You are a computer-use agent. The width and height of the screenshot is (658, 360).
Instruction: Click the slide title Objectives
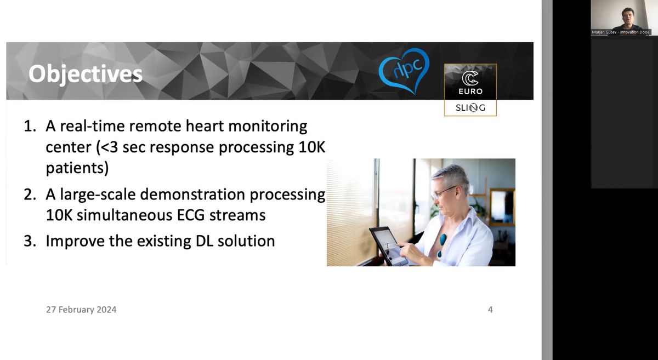(86, 74)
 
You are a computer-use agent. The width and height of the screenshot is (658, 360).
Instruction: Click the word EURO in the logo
(470, 92)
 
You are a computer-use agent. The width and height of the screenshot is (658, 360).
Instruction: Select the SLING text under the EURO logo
(470, 108)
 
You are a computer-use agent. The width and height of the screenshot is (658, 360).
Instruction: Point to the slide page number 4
(490, 310)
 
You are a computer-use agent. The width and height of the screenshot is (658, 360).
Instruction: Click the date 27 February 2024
(81, 310)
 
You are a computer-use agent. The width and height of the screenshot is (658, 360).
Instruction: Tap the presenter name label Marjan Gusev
(604, 32)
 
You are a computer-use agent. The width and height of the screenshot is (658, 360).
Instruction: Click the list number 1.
(30, 126)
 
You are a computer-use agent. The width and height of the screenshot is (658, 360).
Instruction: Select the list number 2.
(30, 195)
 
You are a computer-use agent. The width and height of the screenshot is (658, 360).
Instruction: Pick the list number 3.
(30, 241)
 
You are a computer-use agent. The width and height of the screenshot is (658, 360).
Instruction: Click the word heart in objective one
(205, 126)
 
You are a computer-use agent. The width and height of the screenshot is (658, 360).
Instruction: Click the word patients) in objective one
(77, 169)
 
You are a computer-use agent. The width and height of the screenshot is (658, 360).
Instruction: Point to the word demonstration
(192, 195)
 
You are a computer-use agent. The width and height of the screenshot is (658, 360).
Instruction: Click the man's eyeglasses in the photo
(445, 192)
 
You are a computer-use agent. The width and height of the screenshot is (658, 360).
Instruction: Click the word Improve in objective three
(75, 242)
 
